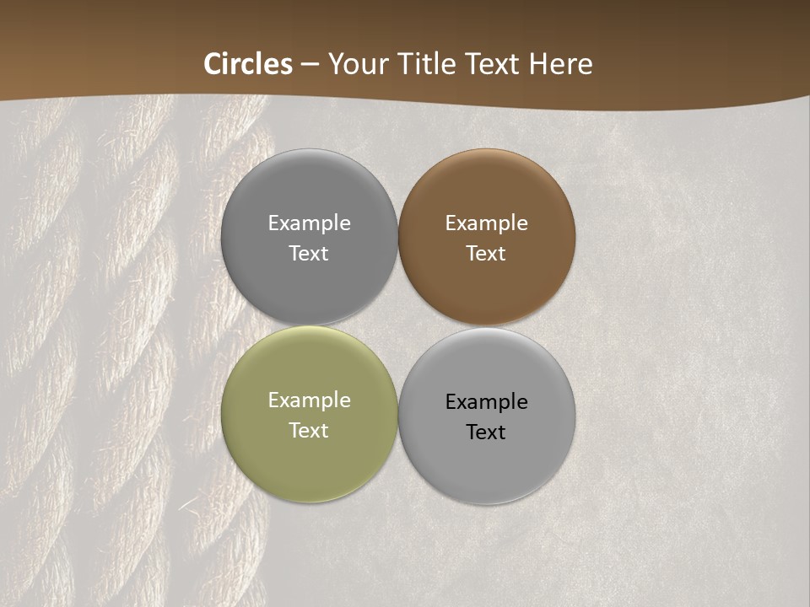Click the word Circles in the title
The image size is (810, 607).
[x=248, y=64]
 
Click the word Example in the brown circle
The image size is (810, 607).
[x=486, y=223]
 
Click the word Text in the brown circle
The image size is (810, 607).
[x=486, y=254]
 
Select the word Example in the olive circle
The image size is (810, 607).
[x=309, y=400]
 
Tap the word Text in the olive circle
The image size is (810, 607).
[x=309, y=431]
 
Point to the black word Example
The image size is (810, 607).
[x=486, y=402]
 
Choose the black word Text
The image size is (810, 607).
[x=486, y=432]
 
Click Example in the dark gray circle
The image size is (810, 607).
[x=309, y=223]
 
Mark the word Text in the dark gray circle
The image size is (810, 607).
[x=309, y=254]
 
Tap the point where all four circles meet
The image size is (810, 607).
[x=398, y=326]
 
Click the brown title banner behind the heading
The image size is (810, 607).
[x=692, y=51]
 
